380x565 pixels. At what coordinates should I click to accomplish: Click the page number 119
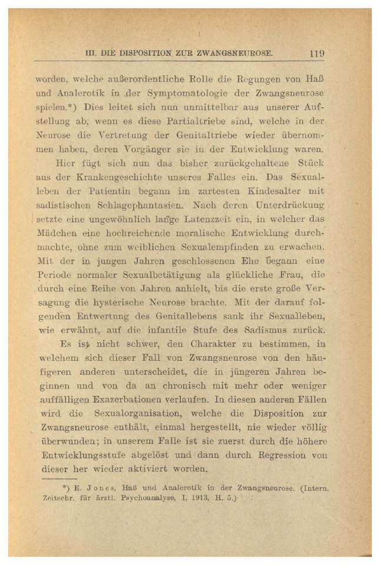(316, 52)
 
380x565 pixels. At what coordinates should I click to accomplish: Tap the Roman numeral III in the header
(91, 52)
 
